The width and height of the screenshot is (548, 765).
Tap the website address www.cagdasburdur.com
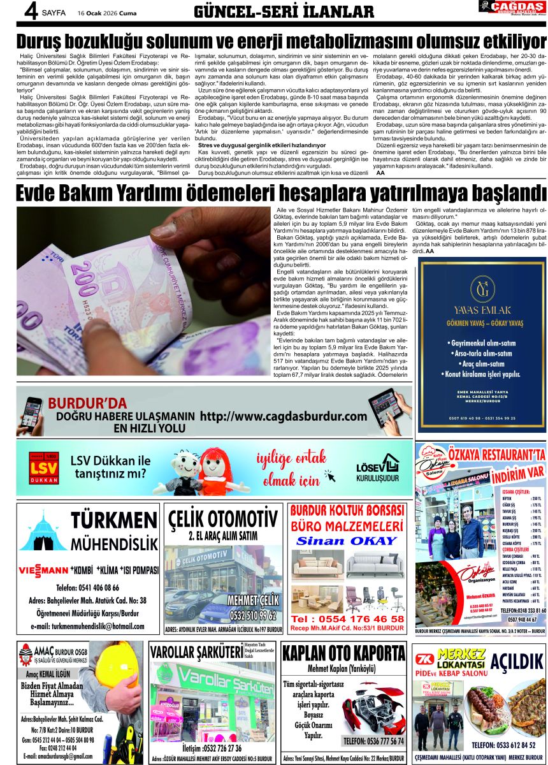point(284,416)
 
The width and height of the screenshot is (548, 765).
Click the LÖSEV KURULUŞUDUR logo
point(377,469)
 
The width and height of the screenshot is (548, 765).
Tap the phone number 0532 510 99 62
point(253,615)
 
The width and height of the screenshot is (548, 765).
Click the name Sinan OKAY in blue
point(347,541)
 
